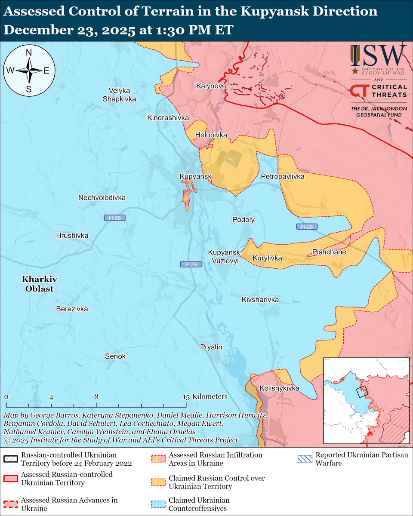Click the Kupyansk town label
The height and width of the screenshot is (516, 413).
coord(196,177)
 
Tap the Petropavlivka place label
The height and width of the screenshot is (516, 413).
coord(283,177)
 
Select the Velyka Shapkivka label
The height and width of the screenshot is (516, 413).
coord(119,95)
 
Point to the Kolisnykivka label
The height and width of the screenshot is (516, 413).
coord(279,389)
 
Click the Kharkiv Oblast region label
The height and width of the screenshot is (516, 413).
coord(39,284)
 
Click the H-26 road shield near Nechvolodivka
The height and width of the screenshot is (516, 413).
coord(115,218)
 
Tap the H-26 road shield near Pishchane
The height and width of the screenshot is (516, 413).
coord(307,227)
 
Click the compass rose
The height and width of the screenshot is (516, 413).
coord(29,71)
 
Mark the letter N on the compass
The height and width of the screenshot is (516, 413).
coord(29,52)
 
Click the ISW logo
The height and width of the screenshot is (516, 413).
coord(378,55)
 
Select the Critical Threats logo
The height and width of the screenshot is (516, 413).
coord(378,91)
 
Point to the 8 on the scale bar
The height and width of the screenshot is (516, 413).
coord(96,397)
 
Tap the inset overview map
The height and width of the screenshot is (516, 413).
coord(366,400)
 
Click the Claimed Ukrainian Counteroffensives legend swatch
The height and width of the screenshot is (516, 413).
coord(158,504)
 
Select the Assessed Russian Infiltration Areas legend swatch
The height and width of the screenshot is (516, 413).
coord(158,458)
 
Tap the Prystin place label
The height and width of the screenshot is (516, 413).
coord(211,347)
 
